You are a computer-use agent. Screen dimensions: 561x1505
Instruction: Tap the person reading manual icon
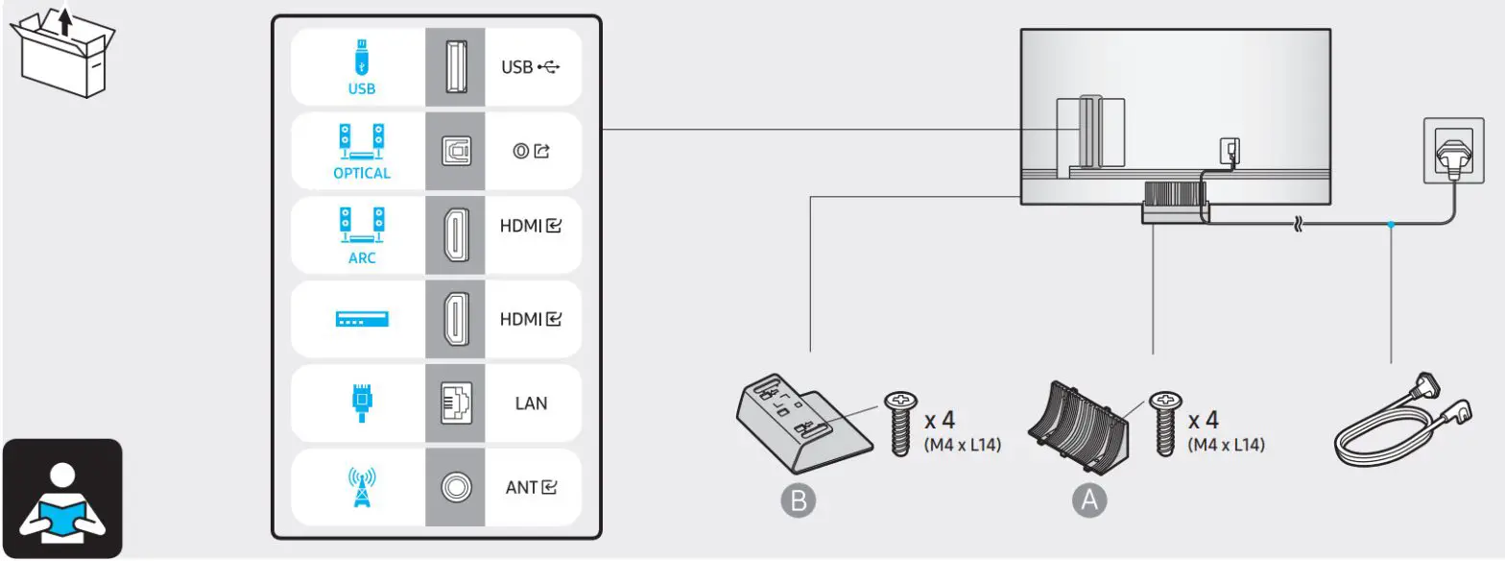[61, 498]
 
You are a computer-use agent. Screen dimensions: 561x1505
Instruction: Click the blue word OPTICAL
[362, 174]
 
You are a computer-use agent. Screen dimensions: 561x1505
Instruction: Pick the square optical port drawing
[456, 152]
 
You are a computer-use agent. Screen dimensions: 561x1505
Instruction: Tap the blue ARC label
[362, 258]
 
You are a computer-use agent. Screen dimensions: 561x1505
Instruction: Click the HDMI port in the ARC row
[456, 235]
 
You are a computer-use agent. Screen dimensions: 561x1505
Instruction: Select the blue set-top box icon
[362, 319]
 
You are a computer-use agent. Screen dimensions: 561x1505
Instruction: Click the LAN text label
[531, 402]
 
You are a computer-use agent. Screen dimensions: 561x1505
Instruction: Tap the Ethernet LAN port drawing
[456, 402]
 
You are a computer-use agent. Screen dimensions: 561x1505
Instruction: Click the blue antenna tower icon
[362, 486]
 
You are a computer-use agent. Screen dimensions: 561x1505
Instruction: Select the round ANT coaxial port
[456, 487]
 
